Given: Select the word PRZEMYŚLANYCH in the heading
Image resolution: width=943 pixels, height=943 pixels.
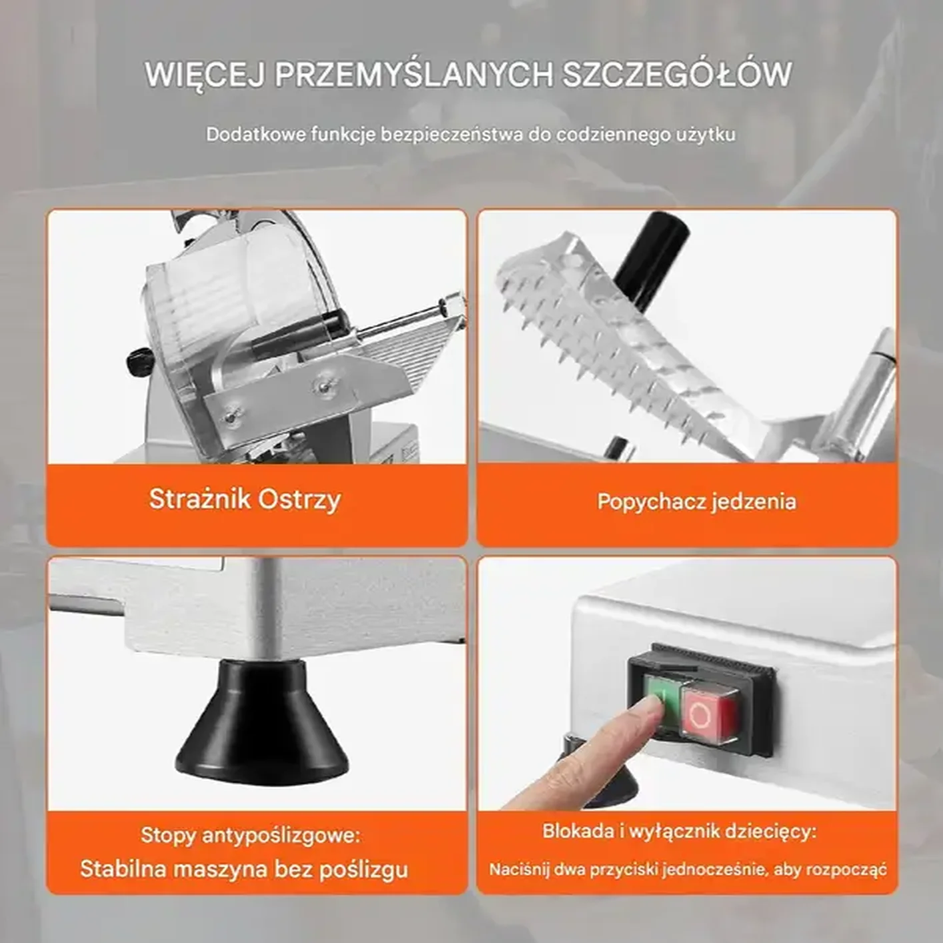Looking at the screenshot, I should tap(413, 75).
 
